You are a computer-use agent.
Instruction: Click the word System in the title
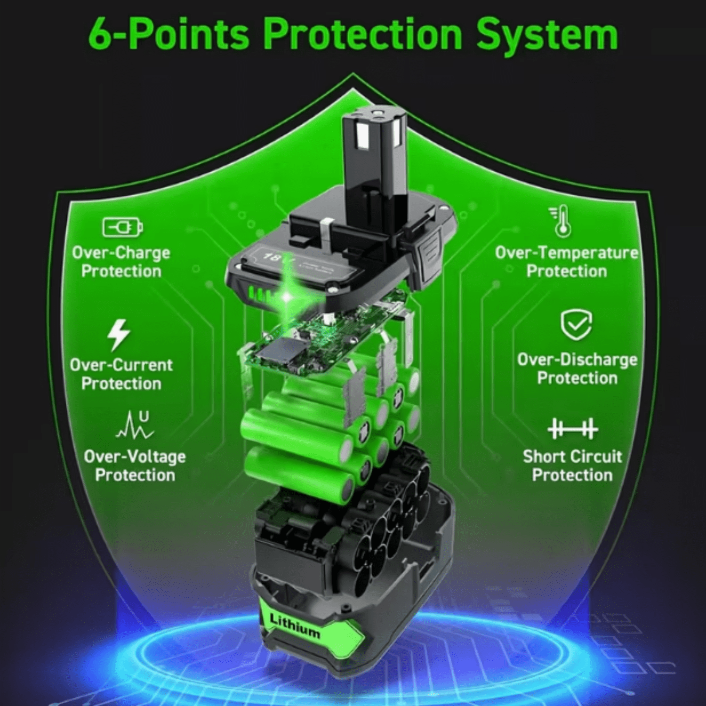(x=547, y=35)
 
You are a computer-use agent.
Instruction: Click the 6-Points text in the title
(x=168, y=33)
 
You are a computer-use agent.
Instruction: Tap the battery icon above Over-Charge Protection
(x=122, y=227)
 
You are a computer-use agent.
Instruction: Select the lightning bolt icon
(x=118, y=335)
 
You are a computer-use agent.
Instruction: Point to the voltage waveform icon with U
(x=135, y=425)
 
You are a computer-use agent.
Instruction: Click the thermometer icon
(x=561, y=221)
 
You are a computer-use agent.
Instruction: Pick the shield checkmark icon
(x=576, y=325)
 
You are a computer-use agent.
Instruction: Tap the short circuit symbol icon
(x=573, y=429)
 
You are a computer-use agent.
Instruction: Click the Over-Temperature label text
(x=566, y=253)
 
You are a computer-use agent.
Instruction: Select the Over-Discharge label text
(x=577, y=360)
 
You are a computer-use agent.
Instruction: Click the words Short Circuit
(x=572, y=457)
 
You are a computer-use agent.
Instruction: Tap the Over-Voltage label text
(x=135, y=457)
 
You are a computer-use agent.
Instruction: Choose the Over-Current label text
(x=121, y=365)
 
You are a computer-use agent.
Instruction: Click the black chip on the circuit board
(x=281, y=351)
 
